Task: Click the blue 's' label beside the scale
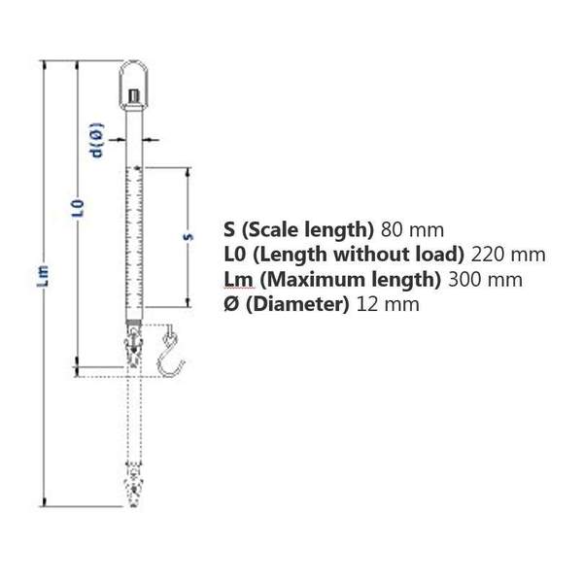point(186,236)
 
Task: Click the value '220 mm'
point(507,255)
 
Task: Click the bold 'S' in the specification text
point(228,230)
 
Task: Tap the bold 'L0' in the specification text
point(234,255)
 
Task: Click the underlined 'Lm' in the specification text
point(236,280)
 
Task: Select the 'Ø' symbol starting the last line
point(230,304)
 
